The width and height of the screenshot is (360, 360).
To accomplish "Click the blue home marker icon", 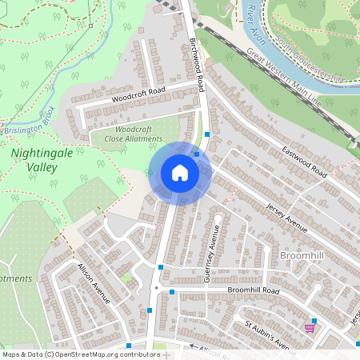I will click(x=180, y=172).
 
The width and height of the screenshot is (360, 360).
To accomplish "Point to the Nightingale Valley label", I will click(x=34, y=158).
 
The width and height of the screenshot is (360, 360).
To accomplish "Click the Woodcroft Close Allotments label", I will click(x=133, y=134).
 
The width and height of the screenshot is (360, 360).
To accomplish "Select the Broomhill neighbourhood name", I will click(x=302, y=254).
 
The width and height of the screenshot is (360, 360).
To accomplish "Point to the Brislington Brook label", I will click(x=27, y=122).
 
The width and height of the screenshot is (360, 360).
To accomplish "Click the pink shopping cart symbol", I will click(x=310, y=328).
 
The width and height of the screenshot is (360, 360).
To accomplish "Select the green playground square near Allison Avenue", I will click(x=126, y=278).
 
